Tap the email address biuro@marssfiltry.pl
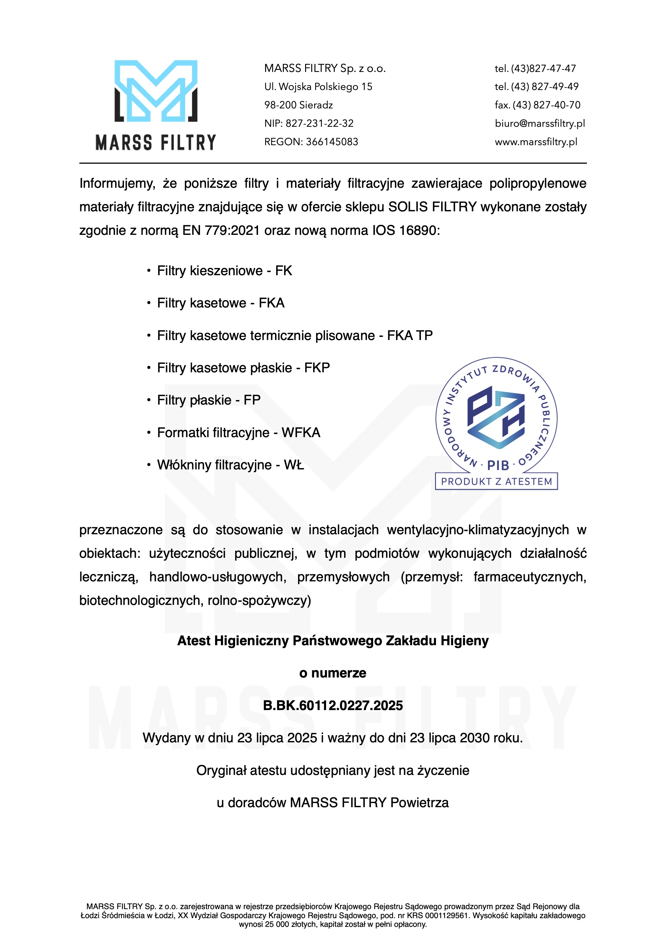540,123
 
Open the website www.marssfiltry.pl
536,142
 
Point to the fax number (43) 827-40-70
546,105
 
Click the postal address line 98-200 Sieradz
299,105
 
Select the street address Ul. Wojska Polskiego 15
318,87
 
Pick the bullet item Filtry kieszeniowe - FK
224,271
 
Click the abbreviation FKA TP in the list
410,336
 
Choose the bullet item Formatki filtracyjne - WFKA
238,433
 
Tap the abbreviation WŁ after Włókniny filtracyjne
294,465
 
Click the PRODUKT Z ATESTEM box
496,481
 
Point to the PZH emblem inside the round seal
496,417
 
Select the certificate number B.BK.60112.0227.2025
333,705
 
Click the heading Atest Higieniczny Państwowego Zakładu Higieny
333,641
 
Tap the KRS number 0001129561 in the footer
443,916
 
